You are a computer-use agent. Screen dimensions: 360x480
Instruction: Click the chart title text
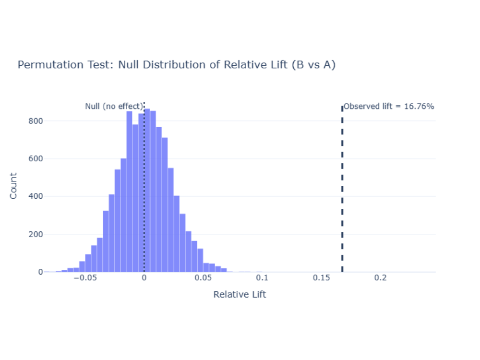click(176, 65)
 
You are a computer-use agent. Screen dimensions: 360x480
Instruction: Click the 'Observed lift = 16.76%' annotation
click(389, 107)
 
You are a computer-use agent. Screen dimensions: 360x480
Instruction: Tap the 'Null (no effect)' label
click(114, 107)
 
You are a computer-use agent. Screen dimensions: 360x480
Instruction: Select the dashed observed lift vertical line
click(342, 192)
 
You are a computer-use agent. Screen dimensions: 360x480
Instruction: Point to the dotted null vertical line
click(144, 192)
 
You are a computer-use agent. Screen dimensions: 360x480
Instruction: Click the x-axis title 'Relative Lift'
click(240, 294)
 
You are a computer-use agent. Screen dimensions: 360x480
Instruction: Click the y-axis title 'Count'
click(13, 186)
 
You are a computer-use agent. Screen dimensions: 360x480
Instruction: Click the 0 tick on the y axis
click(40, 272)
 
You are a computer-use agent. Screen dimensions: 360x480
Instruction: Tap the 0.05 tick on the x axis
click(203, 278)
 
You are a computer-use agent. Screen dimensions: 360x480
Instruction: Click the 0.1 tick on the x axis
click(262, 278)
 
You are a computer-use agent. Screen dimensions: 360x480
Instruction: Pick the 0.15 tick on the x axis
click(321, 278)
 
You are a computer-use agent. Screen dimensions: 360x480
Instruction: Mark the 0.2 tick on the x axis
click(380, 278)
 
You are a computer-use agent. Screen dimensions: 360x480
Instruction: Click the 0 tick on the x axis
click(144, 278)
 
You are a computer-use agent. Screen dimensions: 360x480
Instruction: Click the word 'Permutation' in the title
click(44, 65)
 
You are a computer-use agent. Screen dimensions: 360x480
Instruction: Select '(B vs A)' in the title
click(313, 65)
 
